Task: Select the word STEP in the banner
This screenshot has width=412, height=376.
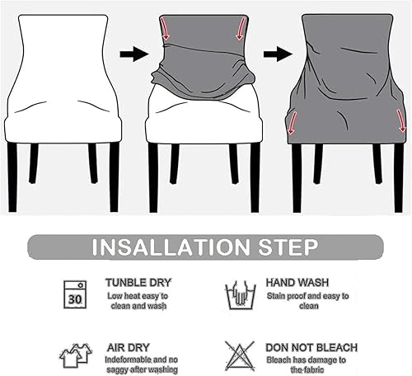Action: (x=286, y=247)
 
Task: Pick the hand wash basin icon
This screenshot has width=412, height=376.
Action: (x=239, y=294)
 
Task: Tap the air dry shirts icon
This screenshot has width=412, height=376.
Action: (x=75, y=355)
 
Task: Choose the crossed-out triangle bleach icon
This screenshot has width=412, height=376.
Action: (x=239, y=355)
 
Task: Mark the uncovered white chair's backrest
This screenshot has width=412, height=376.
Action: (x=62, y=58)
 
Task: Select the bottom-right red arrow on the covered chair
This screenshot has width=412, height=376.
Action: (x=401, y=121)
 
